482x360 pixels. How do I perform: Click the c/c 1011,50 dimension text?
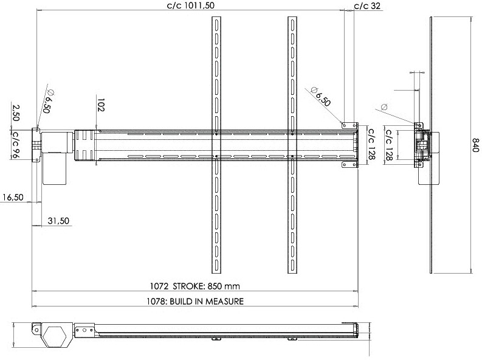point(191,5)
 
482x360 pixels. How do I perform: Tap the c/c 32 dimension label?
point(367,5)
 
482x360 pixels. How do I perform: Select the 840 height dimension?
point(475,145)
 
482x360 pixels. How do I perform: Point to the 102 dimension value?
point(100,105)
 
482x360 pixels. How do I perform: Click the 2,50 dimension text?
point(16,113)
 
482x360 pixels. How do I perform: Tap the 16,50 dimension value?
point(13,197)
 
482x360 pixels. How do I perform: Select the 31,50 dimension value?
point(58,221)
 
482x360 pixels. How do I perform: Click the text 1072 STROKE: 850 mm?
point(195,286)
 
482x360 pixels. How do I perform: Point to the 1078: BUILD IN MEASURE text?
point(195,301)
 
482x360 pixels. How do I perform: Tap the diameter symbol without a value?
point(384,107)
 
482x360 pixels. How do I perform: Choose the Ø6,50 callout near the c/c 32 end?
point(320,96)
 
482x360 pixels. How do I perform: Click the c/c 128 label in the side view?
point(389,145)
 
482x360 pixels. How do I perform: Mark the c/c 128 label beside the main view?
point(371,144)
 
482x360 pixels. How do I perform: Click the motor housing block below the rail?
point(55,169)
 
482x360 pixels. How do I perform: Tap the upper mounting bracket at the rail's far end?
point(350,125)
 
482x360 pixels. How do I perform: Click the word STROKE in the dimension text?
point(188,286)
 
